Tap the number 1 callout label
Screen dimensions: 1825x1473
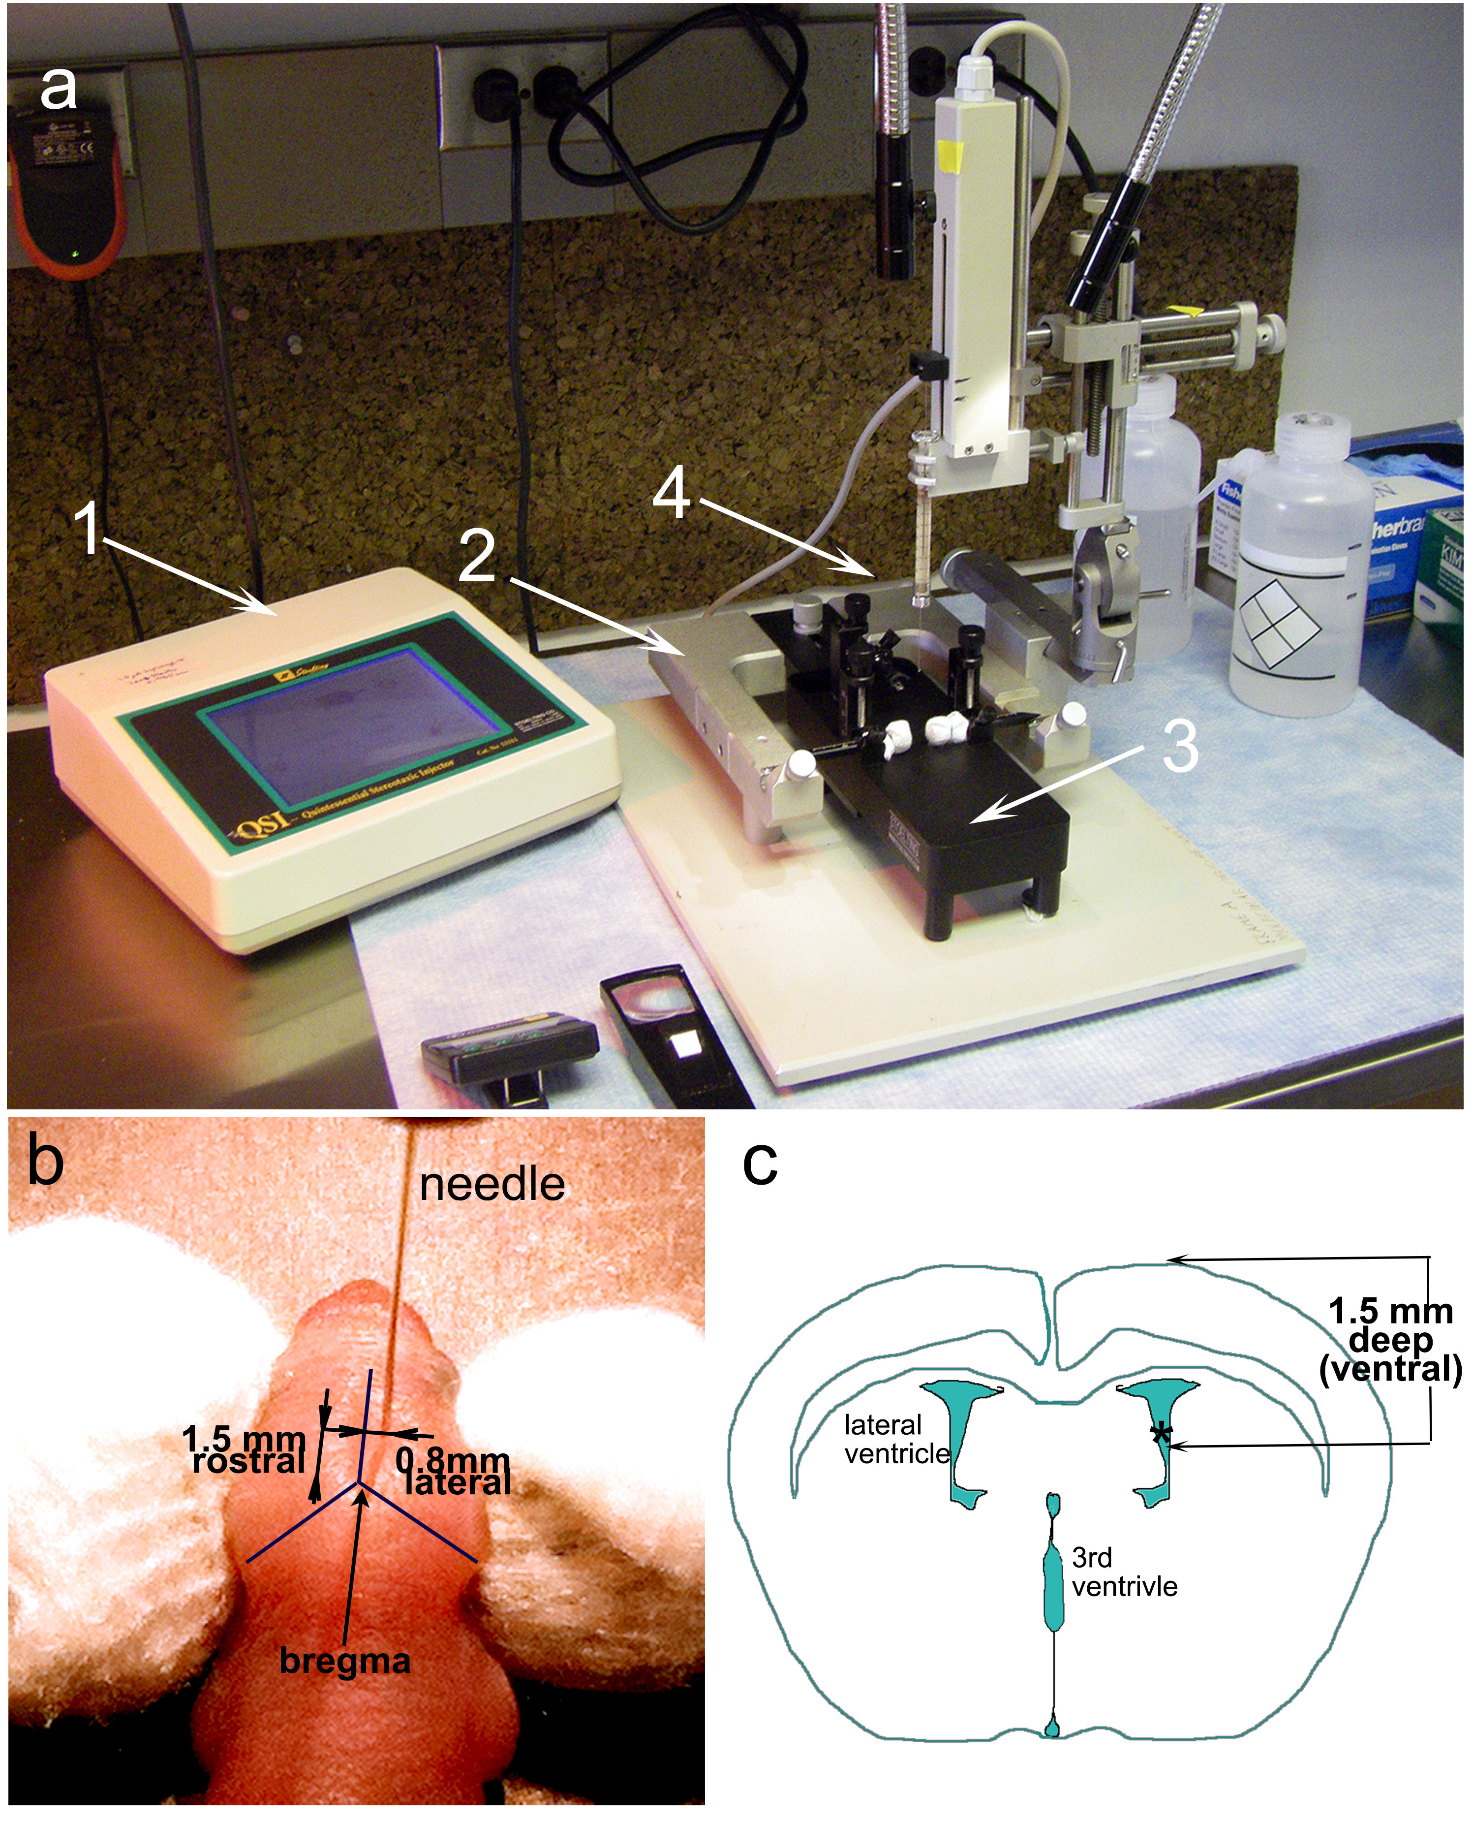(x=88, y=527)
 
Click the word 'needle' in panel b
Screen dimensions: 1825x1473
(x=492, y=1184)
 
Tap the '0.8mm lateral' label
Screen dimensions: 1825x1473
(x=455, y=1473)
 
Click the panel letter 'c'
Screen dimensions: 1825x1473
(x=760, y=1164)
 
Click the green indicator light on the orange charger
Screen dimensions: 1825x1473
(x=75, y=253)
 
